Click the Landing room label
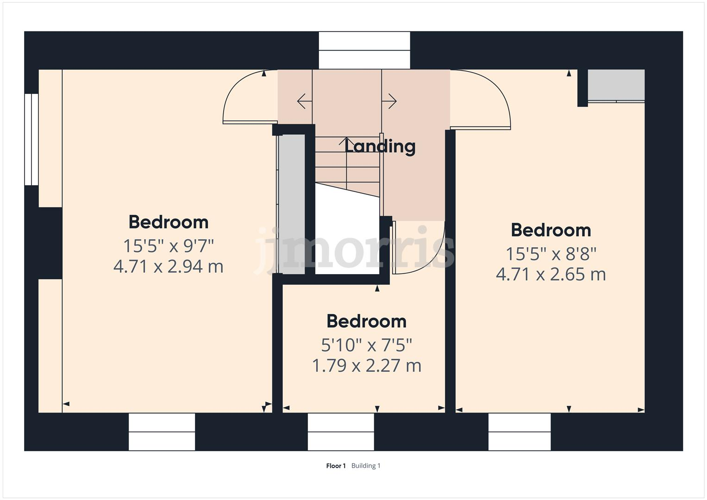tap(380, 146)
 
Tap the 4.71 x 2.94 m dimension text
tap(169, 267)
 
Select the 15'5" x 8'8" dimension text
tap(551, 254)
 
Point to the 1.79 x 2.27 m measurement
tap(366, 366)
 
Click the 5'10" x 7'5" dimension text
tap(366, 344)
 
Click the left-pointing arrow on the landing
tap(303, 101)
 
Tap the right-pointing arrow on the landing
tap(390, 101)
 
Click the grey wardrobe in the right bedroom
tap(616, 85)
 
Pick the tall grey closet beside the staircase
tap(291, 204)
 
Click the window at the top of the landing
tap(364, 50)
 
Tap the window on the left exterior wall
tap(31, 139)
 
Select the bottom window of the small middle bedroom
tap(341, 431)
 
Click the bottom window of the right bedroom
tap(519, 431)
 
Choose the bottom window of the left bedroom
tap(162, 431)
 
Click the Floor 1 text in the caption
tap(336, 466)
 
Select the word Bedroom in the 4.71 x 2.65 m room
tap(551, 230)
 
